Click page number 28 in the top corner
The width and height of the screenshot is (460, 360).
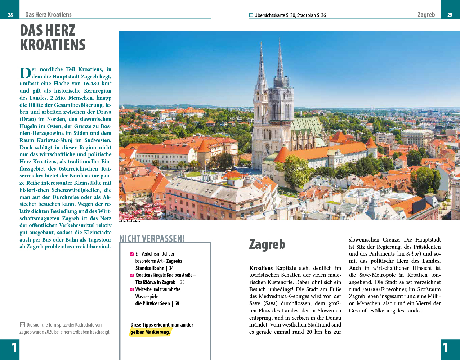[10, 15]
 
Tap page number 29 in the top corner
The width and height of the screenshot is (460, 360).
[450, 15]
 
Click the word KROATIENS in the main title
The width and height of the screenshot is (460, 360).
[53, 45]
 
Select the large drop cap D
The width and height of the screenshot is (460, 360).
[25, 73]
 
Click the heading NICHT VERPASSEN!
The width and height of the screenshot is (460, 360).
[152, 239]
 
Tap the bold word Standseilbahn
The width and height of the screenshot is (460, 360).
[150, 268]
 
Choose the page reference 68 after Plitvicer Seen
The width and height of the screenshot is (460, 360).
[177, 303]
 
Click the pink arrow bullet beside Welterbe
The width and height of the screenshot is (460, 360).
[132, 289]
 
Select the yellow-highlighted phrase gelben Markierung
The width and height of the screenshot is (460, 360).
[150, 332]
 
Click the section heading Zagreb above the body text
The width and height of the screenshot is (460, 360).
[267, 244]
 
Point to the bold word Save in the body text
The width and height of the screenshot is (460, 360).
[255, 303]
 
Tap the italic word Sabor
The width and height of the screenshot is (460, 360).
[413, 254]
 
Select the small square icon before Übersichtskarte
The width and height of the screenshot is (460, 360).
[251, 15]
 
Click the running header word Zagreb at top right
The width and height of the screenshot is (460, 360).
[426, 15]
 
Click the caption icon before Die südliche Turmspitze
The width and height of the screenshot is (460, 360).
[22, 325]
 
